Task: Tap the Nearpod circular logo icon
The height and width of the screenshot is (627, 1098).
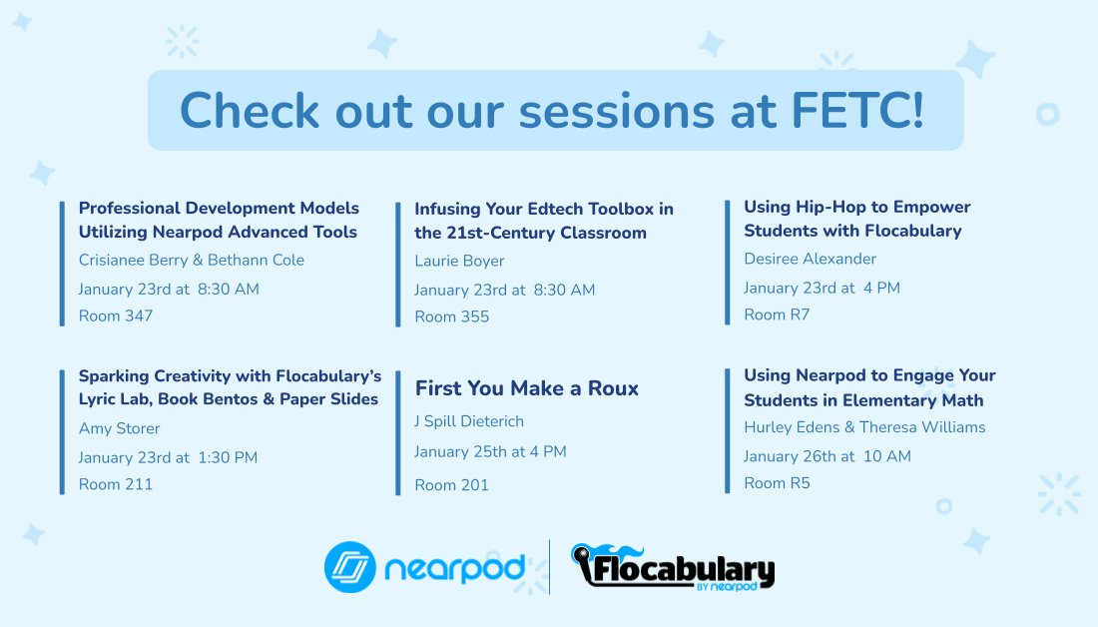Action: [349, 567]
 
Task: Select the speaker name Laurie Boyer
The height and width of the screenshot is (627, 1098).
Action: [459, 262]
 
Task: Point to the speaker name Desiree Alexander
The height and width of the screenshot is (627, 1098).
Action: [810, 260]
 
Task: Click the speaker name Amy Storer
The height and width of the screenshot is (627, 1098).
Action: [119, 429]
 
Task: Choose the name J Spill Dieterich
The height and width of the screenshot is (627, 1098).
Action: [469, 421]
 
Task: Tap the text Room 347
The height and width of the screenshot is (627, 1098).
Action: [116, 316]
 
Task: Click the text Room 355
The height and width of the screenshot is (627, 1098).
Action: [451, 317]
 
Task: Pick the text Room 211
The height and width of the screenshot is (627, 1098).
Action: [116, 485]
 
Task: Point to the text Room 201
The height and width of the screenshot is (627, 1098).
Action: [451, 486]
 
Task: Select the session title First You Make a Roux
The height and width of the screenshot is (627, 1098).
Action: [526, 389]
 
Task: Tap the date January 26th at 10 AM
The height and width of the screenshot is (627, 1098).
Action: [826, 457]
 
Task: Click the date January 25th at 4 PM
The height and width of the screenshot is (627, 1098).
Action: [490, 452]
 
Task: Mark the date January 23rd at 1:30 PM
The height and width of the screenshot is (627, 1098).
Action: [168, 458]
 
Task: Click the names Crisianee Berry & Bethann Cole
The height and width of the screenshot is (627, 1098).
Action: [192, 261]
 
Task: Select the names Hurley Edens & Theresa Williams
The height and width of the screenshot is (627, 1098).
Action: [864, 427]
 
